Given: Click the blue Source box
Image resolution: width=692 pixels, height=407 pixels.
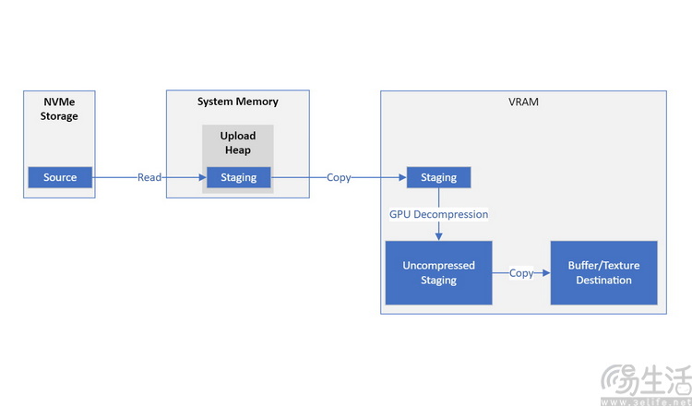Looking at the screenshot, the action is [x=60, y=177].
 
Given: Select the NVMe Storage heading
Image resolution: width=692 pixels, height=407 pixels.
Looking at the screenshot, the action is [x=59, y=109].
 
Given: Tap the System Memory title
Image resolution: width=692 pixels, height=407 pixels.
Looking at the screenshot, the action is [x=237, y=102].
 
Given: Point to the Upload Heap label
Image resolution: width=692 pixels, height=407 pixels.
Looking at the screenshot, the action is [x=238, y=142].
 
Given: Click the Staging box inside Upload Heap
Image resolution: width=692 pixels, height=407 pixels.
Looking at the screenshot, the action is [x=239, y=177].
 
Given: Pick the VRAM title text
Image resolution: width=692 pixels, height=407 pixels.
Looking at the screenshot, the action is [x=523, y=102].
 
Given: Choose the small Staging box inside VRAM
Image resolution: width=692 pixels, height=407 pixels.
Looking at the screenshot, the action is [x=438, y=177].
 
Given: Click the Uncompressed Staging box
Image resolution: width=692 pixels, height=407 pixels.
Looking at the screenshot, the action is [x=438, y=272].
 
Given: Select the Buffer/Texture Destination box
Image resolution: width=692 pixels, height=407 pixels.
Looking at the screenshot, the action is [x=603, y=272].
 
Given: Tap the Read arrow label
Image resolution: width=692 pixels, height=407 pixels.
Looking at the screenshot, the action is [x=149, y=177].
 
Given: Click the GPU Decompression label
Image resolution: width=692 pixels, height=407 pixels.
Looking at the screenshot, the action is [x=438, y=214].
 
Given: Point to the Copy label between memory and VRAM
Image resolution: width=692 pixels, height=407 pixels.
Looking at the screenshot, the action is [x=339, y=177].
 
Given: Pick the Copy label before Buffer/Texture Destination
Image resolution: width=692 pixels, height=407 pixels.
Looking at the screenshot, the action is [x=521, y=273].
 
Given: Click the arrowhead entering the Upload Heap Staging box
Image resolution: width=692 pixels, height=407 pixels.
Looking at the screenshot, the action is [x=203, y=177].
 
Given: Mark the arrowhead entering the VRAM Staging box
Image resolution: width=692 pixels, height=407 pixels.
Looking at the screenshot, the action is [x=402, y=177].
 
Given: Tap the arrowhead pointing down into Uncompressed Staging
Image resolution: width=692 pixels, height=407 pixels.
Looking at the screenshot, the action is [x=438, y=236].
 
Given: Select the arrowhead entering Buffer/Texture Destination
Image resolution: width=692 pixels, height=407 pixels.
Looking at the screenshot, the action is [x=546, y=273].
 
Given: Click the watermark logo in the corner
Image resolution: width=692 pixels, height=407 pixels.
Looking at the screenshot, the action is [x=646, y=383].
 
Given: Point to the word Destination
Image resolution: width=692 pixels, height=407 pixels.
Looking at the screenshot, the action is [x=603, y=280].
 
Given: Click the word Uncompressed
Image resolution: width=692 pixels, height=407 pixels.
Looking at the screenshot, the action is [x=438, y=265].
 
